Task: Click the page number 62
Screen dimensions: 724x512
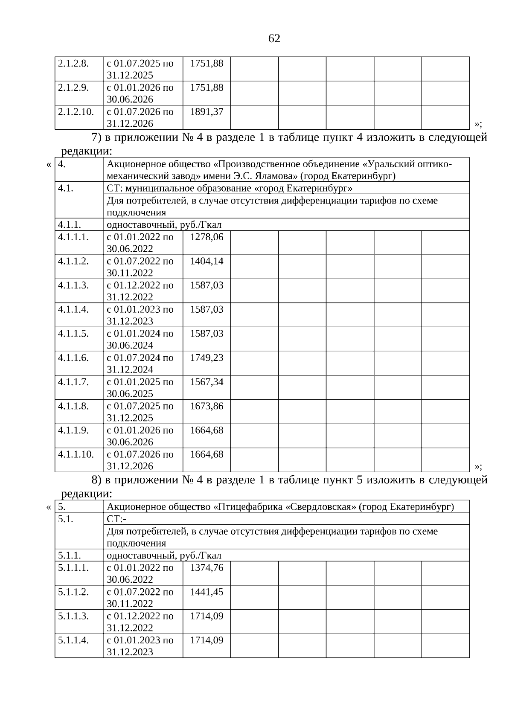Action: click(x=274, y=39)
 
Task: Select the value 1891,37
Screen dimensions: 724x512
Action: click(x=207, y=112)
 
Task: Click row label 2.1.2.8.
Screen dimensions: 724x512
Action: click(x=73, y=64)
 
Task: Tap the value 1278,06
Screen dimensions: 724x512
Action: click(x=207, y=237)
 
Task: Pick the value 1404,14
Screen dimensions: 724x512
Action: click(x=207, y=261)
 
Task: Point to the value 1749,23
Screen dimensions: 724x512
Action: click(x=207, y=358)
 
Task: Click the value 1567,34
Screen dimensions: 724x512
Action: click(x=207, y=382)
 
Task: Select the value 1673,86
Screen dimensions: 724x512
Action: click(x=207, y=406)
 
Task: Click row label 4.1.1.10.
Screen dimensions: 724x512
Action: click(x=76, y=454)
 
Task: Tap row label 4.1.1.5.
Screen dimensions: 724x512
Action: click(x=73, y=334)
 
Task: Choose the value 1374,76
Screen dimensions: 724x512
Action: click(x=207, y=568)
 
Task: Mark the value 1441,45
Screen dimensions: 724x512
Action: click(x=207, y=592)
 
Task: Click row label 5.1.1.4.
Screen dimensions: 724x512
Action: click(x=73, y=640)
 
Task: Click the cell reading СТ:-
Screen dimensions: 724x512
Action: click(x=116, y=519)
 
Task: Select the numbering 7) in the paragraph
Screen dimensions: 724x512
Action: click(x=96, y=138)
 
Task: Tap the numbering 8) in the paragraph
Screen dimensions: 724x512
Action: click(x=96, y=480)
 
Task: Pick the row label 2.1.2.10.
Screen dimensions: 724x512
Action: click(x=76, y=112)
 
